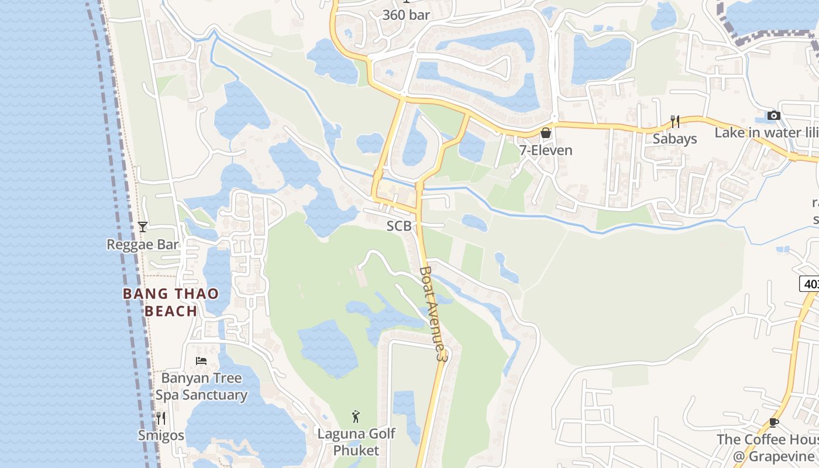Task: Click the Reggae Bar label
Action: pos(143,245)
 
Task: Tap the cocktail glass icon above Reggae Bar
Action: pos(142,226)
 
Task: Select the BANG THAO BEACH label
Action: pos(171,302)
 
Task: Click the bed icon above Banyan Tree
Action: pos(201,361)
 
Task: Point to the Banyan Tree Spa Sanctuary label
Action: pos(201,387)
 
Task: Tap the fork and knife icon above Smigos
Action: pos(161,418)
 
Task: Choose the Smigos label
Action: pos(161,435)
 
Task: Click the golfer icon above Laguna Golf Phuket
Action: pos(356,417)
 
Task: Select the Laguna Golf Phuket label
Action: pos(356,442)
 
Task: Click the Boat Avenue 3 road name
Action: pos(433,314)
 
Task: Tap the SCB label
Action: pos(399,226)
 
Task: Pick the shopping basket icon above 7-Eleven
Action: pos(546,133)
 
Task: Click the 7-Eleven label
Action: pos(546,150)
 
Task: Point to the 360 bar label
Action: pos(406,15)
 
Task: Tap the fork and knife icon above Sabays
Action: pos(675,121)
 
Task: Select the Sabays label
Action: pos(675,139)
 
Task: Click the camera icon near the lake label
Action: pos(774,115)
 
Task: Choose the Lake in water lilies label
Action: pos(766,133)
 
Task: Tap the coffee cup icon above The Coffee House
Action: pos(774,422)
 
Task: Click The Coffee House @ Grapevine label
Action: pos(768,448)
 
